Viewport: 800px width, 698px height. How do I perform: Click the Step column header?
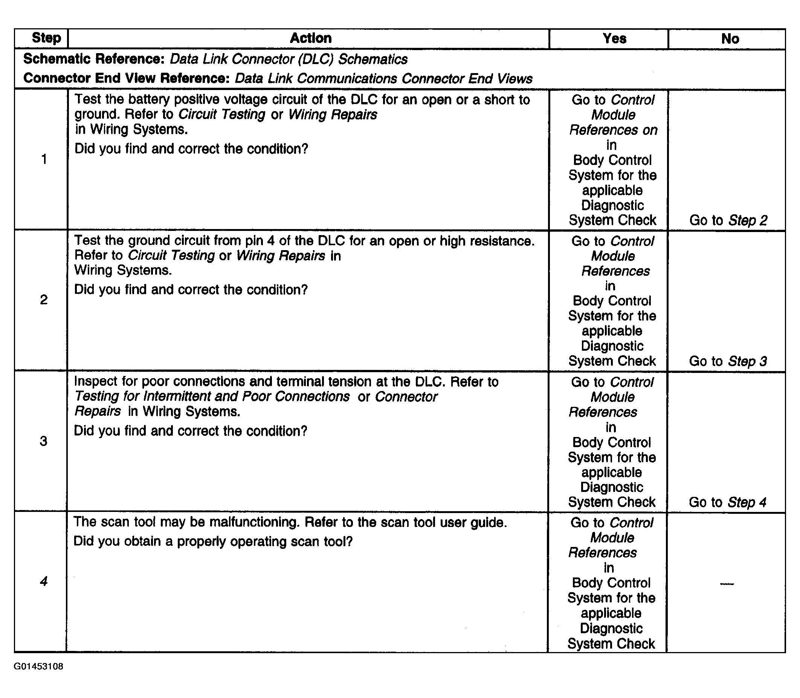[46, 38]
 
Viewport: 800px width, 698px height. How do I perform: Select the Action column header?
[310, 38]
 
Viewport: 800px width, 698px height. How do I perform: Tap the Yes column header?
[614, 38]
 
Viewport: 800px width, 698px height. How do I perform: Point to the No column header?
[730, 39]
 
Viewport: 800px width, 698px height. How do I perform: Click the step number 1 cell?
[44, 159]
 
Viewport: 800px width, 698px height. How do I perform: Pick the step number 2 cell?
[44, 299]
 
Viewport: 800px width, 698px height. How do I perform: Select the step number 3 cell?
[43, 441]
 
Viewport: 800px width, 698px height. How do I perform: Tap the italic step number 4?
[43, 581]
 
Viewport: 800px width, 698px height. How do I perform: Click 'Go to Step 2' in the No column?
[728, 220]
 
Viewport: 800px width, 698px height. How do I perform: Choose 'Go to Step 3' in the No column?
[728, 362]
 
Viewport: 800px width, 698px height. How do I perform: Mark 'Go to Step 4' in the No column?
[727, 502]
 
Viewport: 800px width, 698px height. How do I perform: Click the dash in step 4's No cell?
[727, 584]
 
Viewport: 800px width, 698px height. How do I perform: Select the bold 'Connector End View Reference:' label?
[126, 78]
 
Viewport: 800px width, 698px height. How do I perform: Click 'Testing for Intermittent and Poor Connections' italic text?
[212, 397]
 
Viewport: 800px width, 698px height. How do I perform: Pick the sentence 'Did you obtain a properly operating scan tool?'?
[213, 541]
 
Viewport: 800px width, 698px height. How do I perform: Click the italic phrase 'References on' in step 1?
[613, 130]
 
